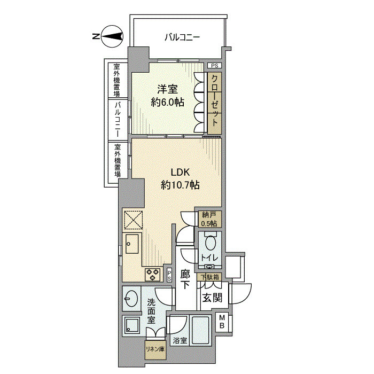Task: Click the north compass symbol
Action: (x=112, y=36)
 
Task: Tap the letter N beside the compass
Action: (x=96, y=36)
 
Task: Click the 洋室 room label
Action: (x=167, y=89)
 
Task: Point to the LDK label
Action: (x=180, y=172)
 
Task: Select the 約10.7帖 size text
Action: (x=180, y=185)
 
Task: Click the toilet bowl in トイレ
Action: (x=210, y=243)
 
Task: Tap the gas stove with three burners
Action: (x=153, y=275)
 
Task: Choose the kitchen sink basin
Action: (x=132, y=244)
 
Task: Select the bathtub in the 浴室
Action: (x=200, y=330)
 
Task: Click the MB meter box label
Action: (x=222, y=322)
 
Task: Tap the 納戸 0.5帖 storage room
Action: (x=208, y=219)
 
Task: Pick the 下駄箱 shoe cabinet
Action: (x=209, y=277)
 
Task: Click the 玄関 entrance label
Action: (x=212, y=298)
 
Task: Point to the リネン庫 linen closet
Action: (x=155, y=349)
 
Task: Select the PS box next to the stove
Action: (x=169, y=275)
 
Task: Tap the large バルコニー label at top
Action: (x=182, y=37)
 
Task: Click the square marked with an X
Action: (x=133, y=220)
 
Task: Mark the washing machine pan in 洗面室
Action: (x=131, y=324)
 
